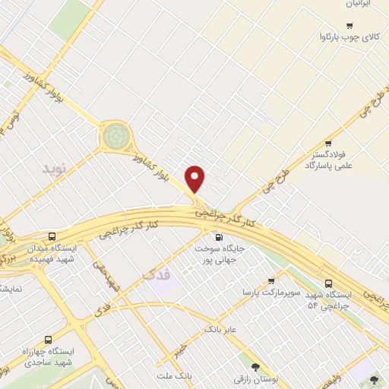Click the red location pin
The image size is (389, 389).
click(195, 179)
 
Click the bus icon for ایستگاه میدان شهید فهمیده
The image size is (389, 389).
click(52, 236)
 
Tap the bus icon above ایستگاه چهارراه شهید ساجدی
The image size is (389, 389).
click(49, 340)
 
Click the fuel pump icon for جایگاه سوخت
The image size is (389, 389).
click(220, 278)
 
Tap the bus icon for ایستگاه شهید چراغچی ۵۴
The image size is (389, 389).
click(327, 277)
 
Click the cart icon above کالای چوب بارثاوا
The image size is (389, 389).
click(349, 26)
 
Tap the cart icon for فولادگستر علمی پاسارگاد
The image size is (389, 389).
click(328, 143)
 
